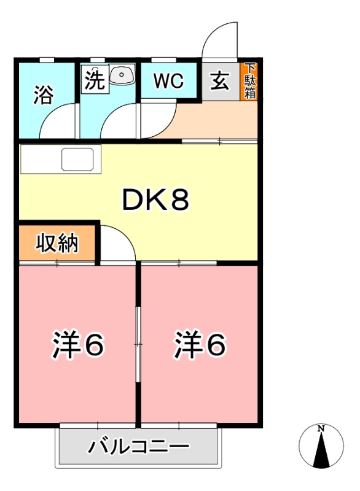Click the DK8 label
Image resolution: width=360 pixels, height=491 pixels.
155,200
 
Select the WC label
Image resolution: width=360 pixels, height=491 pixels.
168,82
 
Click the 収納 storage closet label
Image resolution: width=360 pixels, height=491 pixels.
57,244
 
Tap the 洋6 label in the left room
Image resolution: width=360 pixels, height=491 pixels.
77,346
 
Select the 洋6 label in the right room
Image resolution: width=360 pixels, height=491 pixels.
200,346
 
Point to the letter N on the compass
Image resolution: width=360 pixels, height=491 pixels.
321,429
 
